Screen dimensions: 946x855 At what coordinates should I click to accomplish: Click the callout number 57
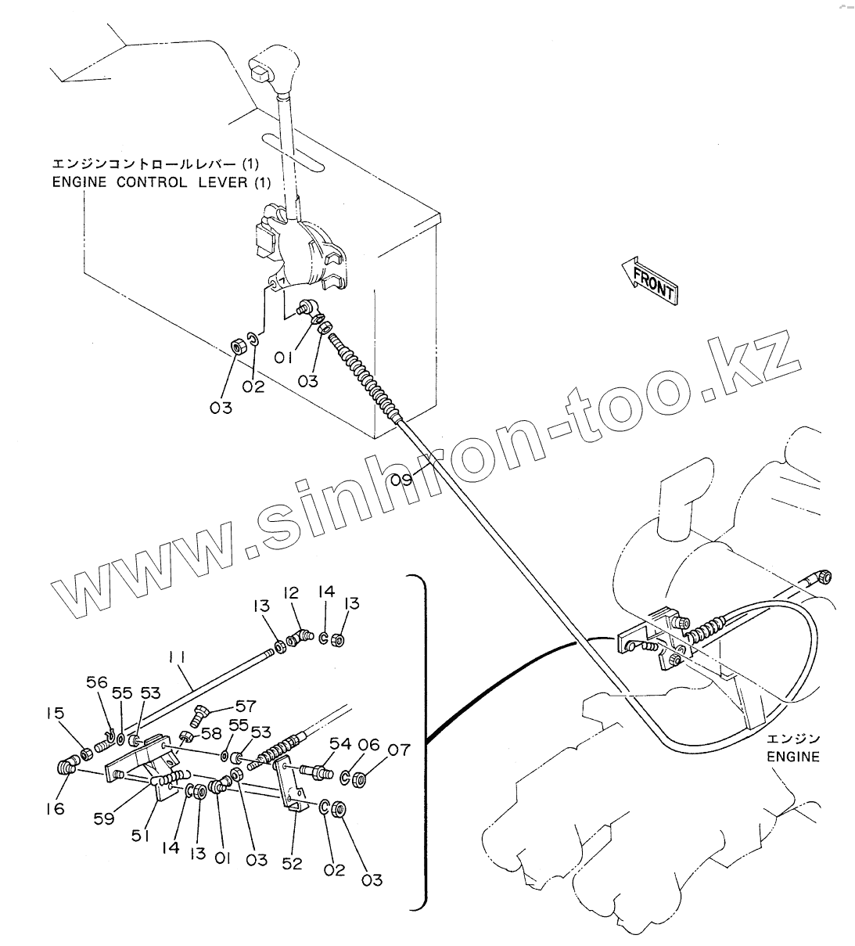coord(246,706)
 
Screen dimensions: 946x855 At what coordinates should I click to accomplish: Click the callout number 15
coord(54,714)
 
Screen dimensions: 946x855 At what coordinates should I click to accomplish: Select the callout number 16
coord(54,809)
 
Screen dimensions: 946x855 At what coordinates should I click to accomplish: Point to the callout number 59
coord(104,818)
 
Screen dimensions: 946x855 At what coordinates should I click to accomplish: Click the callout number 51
coord(141,836)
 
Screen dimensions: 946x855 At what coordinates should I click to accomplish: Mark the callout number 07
coord(399,750)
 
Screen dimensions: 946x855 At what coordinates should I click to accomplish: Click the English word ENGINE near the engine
coord(792,757)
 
